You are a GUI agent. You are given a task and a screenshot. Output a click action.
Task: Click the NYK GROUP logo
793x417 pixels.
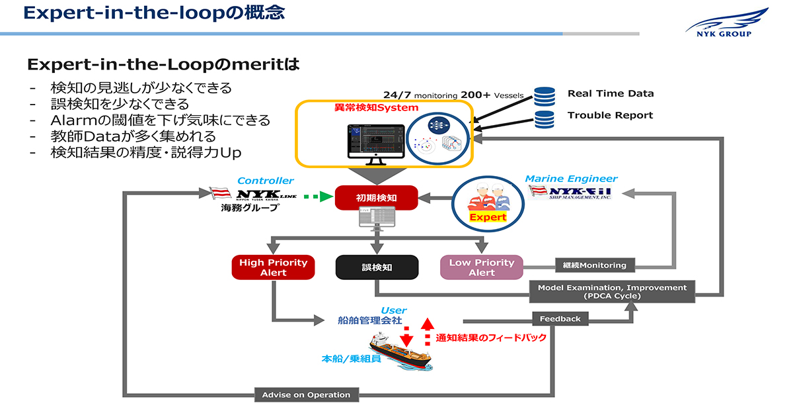[728, 23]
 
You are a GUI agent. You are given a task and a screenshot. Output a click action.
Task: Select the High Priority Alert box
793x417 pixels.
[273, 267]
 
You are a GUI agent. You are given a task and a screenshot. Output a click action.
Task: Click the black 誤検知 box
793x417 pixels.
[377, 267]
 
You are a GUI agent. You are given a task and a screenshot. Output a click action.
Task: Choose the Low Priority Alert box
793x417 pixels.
[482, 267]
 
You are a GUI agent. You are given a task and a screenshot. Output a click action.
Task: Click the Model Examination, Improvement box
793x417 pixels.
[612, 292]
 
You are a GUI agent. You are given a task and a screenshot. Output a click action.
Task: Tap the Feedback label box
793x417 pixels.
[560, 319]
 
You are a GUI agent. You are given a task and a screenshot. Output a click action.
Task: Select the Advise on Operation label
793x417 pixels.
[306, 395]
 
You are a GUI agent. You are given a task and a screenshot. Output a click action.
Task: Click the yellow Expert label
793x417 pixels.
[488, 217]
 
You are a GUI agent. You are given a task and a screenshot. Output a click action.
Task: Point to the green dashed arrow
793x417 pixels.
[316, 196]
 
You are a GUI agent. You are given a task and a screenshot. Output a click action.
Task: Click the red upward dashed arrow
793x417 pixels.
[426, 331]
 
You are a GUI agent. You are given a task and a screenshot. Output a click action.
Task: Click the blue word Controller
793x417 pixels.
[266, 181]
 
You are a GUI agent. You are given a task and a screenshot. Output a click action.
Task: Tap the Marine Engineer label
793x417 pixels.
[572, 179]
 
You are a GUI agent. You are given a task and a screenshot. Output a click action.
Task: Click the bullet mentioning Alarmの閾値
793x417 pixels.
[161, 120]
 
